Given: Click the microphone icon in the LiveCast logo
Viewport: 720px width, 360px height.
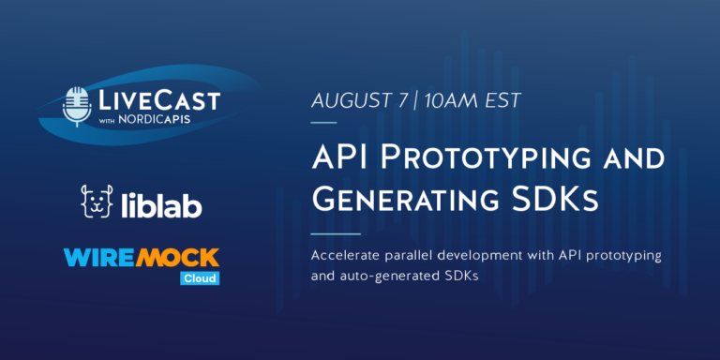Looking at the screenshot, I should tap(77, 104).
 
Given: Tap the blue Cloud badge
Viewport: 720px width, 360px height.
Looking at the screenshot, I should tap(199, 277).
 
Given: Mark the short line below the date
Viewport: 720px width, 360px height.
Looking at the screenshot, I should tap(323, 123).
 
